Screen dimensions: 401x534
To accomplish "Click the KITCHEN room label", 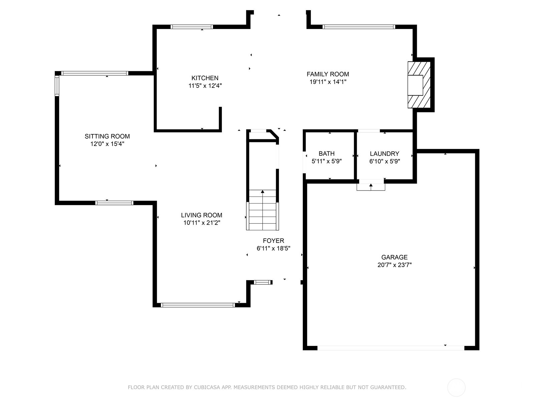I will pos(205,78).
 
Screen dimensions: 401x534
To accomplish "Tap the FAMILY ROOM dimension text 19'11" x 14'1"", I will pos(328,82).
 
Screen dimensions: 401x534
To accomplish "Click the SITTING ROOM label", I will pos(107,136).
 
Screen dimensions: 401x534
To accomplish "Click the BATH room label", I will pos(326,154).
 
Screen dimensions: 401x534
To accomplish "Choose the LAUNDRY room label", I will pos(384,154).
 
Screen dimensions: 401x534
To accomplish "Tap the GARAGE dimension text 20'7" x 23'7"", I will pos(394,265).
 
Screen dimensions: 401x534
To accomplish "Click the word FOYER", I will pos(273,241).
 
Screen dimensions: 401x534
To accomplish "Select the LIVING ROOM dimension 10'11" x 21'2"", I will pos(202,223).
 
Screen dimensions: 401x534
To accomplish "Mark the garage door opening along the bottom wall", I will pos(390,348).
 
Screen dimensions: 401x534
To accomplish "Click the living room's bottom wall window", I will pos(198,305).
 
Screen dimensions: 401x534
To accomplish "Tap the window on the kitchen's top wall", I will pos(192,27).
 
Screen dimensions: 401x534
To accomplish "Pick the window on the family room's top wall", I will pos(359,27).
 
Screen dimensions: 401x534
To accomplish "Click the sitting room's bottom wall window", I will pos(114,203).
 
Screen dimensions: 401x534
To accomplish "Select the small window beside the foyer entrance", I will pos(262,282).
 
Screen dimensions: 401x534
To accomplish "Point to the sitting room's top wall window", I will pos(95,73).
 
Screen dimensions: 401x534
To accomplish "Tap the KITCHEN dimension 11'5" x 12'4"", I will pos(205,86).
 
